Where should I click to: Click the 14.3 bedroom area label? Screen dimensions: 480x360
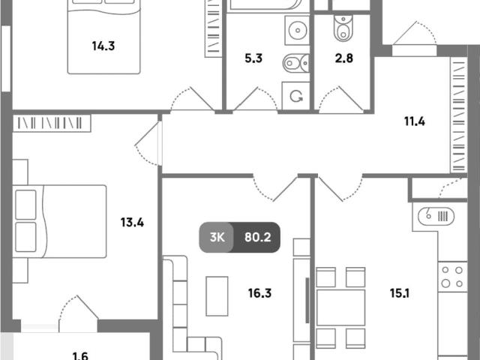103,46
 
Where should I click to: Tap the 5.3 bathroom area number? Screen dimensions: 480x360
253,58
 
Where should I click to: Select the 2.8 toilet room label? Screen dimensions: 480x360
344,58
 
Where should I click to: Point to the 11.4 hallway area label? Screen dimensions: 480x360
415,121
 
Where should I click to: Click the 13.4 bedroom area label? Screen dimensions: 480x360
132,222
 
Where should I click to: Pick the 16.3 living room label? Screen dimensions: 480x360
259,293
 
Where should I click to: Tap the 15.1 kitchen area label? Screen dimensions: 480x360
400,293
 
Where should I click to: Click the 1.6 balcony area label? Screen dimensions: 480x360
80,355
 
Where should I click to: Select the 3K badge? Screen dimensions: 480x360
217,237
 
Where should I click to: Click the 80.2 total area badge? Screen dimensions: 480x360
257,237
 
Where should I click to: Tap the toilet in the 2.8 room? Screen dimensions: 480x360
343,28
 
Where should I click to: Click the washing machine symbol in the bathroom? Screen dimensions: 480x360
295,96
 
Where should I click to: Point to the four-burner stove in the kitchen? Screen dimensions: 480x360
452,277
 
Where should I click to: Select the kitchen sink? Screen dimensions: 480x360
436,217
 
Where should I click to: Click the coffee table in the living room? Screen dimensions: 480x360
217,296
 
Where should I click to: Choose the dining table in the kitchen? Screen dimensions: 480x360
340,307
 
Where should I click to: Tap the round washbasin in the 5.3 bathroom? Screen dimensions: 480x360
297,30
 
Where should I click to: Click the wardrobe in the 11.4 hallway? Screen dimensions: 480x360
458,115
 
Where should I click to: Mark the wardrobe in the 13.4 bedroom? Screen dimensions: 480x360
52,123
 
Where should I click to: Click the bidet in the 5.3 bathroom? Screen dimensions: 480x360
295,63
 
